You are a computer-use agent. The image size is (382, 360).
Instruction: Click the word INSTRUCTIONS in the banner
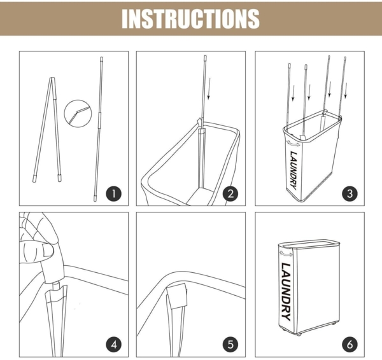pyautogui.click(x=190, y=18)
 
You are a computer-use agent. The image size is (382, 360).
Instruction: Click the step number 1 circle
pyautogui.click(x=113, y=194)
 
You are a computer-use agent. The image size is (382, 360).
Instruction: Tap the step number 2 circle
pyautogui.click(x=230, y=194)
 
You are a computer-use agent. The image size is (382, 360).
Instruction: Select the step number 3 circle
pyautogui.click(x=350, y=194)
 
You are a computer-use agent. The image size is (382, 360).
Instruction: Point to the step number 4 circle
pyautogui.click(x=113, y=345)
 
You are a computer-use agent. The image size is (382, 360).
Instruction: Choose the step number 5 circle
pyautogui.click(x=230, y=345)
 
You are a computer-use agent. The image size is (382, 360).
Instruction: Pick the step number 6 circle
pyautogui.click(x=350, y=345)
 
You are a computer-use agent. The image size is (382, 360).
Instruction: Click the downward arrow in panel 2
pyautogui.click(x=209, y=89)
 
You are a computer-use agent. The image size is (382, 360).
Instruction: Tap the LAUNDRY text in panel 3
pyautogui.click(x=294, y=170)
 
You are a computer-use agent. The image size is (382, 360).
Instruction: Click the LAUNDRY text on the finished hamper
pyautogui.click(x=286, y=292)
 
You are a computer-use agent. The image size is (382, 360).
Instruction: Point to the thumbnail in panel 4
pyautogui.click(x=48, y=251)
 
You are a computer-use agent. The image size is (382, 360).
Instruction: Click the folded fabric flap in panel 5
pyautogui.click(x=178, y=296)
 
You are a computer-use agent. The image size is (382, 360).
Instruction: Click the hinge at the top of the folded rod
pyautogui.click(x=52, y=78)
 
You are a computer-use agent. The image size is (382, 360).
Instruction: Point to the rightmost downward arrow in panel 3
pyautogui.click(x=346, y=90)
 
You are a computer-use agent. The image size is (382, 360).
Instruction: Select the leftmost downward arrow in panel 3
pyautogui.click(x=293, y=93)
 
